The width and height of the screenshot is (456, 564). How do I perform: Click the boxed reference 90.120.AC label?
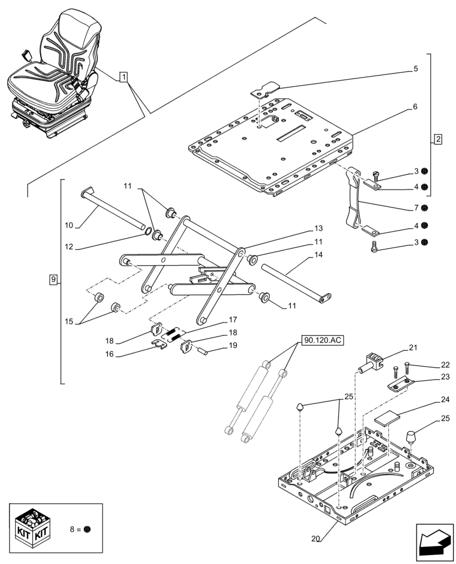tap(322, 340)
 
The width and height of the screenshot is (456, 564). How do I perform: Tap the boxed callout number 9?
tap(53, 279)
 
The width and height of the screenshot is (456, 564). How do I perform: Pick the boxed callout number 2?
tap(438, 138)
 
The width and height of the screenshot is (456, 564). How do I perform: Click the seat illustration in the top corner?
tap(54, 73)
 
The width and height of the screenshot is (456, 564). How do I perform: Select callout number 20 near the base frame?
tap(316, 539)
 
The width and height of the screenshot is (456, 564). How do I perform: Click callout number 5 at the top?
tap(415, 69)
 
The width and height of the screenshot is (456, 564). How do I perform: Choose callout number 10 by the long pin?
tap(69, 226)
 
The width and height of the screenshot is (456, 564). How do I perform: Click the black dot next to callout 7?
tap(424, 207)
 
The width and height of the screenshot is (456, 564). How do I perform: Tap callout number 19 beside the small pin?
tap(233, 345)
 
